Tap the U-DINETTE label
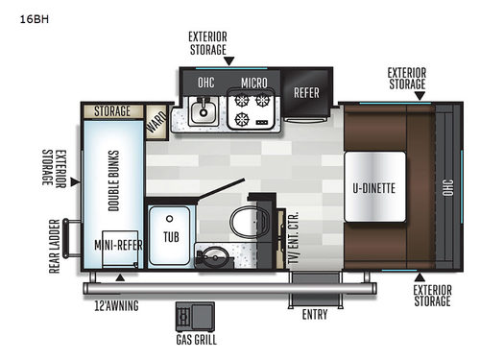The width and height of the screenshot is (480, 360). click(372, 188)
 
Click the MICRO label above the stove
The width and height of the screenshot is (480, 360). click(253, 83)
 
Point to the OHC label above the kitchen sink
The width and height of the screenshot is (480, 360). click(206, 83)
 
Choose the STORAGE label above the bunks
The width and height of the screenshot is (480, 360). click(112, 111)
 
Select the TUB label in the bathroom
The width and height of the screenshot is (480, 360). click(170, 236)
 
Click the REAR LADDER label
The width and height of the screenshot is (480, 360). click(54, 245)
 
